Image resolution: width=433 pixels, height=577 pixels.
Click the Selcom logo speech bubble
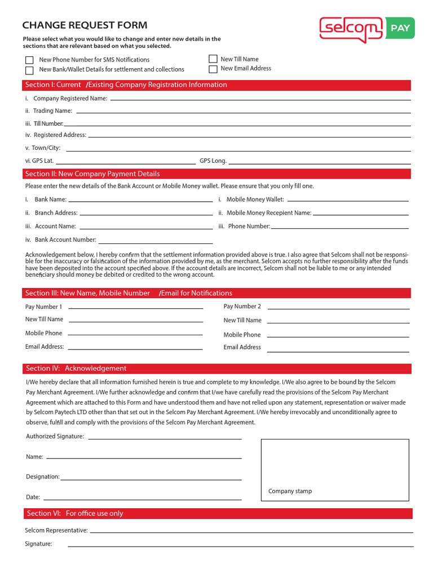(x=351, y=28)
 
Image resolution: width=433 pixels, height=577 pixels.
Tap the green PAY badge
(x=400, y=28)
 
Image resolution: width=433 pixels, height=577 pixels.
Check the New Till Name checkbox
(x=213, y=59)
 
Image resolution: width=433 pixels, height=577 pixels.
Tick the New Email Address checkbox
(x=213, y=69)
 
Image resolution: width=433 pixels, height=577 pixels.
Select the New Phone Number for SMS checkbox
(x=29, y=60)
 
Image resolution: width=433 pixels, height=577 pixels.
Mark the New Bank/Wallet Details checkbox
(x=29, y=70)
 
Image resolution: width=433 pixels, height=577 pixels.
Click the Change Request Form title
(x=85, y=25)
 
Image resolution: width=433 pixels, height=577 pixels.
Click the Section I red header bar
(x=217, y=85)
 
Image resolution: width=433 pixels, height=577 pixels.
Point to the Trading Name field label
(x=52, y=111)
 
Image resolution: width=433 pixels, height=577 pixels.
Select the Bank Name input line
(x=140, y=201)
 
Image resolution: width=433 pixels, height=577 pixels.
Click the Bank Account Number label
(x=65, y=240)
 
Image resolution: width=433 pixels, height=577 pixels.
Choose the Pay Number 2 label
(x=242, y=307)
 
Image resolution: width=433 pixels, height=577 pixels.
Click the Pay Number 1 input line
(x=135, y=308)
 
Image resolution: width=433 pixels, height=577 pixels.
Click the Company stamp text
(x=290, y=491)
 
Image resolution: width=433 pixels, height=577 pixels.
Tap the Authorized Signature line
(x=164, y=438)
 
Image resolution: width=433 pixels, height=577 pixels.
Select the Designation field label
(x=43, y=477)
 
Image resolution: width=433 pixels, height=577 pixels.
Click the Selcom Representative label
(x=56, y=530)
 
